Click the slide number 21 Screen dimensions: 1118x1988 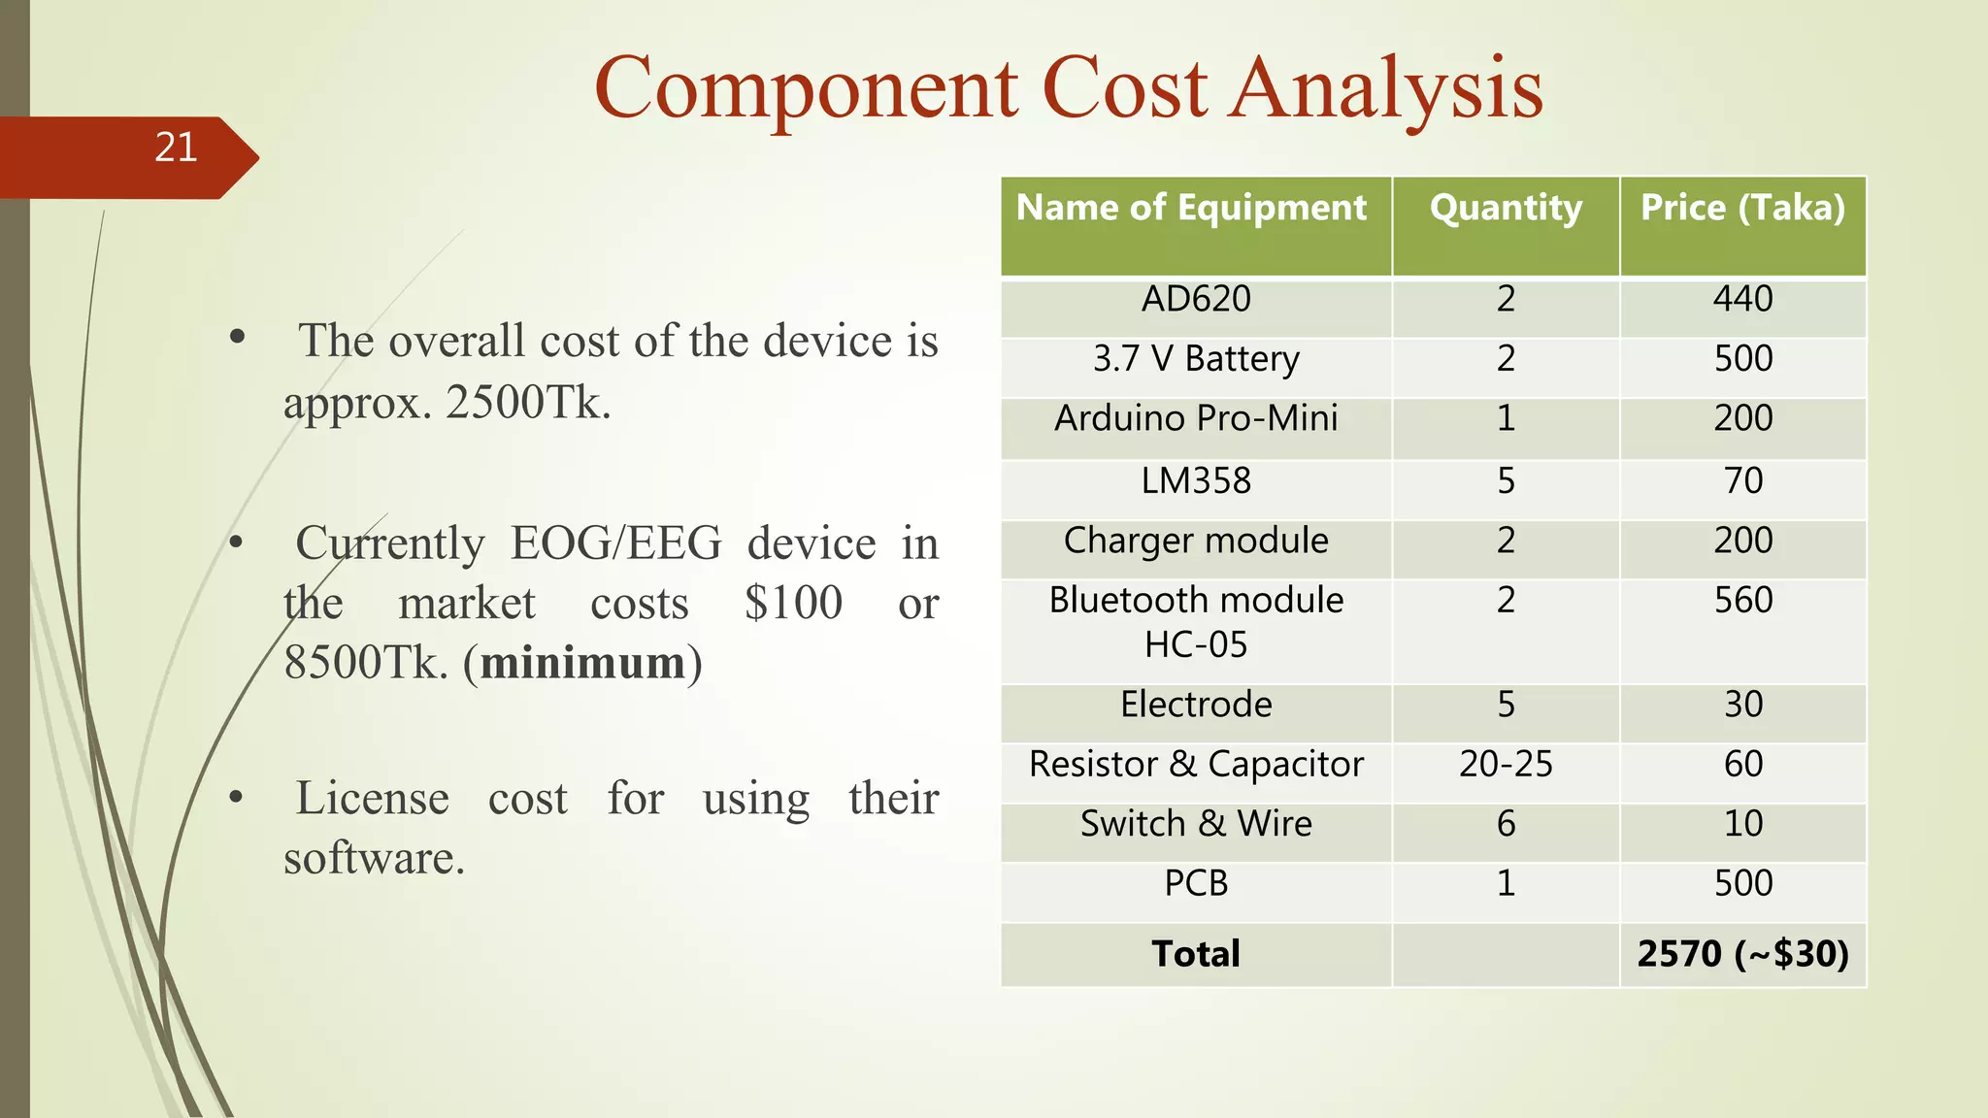[x=176, y=148]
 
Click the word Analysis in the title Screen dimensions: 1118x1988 [x=1388, y=89]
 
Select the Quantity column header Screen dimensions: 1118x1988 [x=1506, y=208]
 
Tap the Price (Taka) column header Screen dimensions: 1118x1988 [x=1742, y=208]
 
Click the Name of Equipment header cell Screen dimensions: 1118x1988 [x=1191, y=208]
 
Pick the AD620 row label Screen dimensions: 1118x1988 [x=1196, y=299]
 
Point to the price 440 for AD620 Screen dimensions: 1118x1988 [x=1742, y=299]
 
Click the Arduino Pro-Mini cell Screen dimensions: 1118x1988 [x=1196, y=418]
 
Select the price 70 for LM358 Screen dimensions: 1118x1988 [x=1742, y=480]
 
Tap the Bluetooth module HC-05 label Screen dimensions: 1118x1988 [x=1196, y=622]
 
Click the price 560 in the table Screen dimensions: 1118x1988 [x=1742, y=601]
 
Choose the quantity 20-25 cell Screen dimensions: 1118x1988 [x=1506, y=765]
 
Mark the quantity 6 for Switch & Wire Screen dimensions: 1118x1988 [x=1506, y=824]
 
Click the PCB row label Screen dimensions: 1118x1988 [x=1196, y=883]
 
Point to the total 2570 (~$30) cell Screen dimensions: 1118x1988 [x=1742, y=954]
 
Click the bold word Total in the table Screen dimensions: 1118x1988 [x=1196, y=954]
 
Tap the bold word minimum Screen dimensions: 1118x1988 [x=582, y=663]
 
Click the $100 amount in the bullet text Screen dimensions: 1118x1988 [x=793, y=603]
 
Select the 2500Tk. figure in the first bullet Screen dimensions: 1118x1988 [x=528, y=402]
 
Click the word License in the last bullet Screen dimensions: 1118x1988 [x=372, y=799]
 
